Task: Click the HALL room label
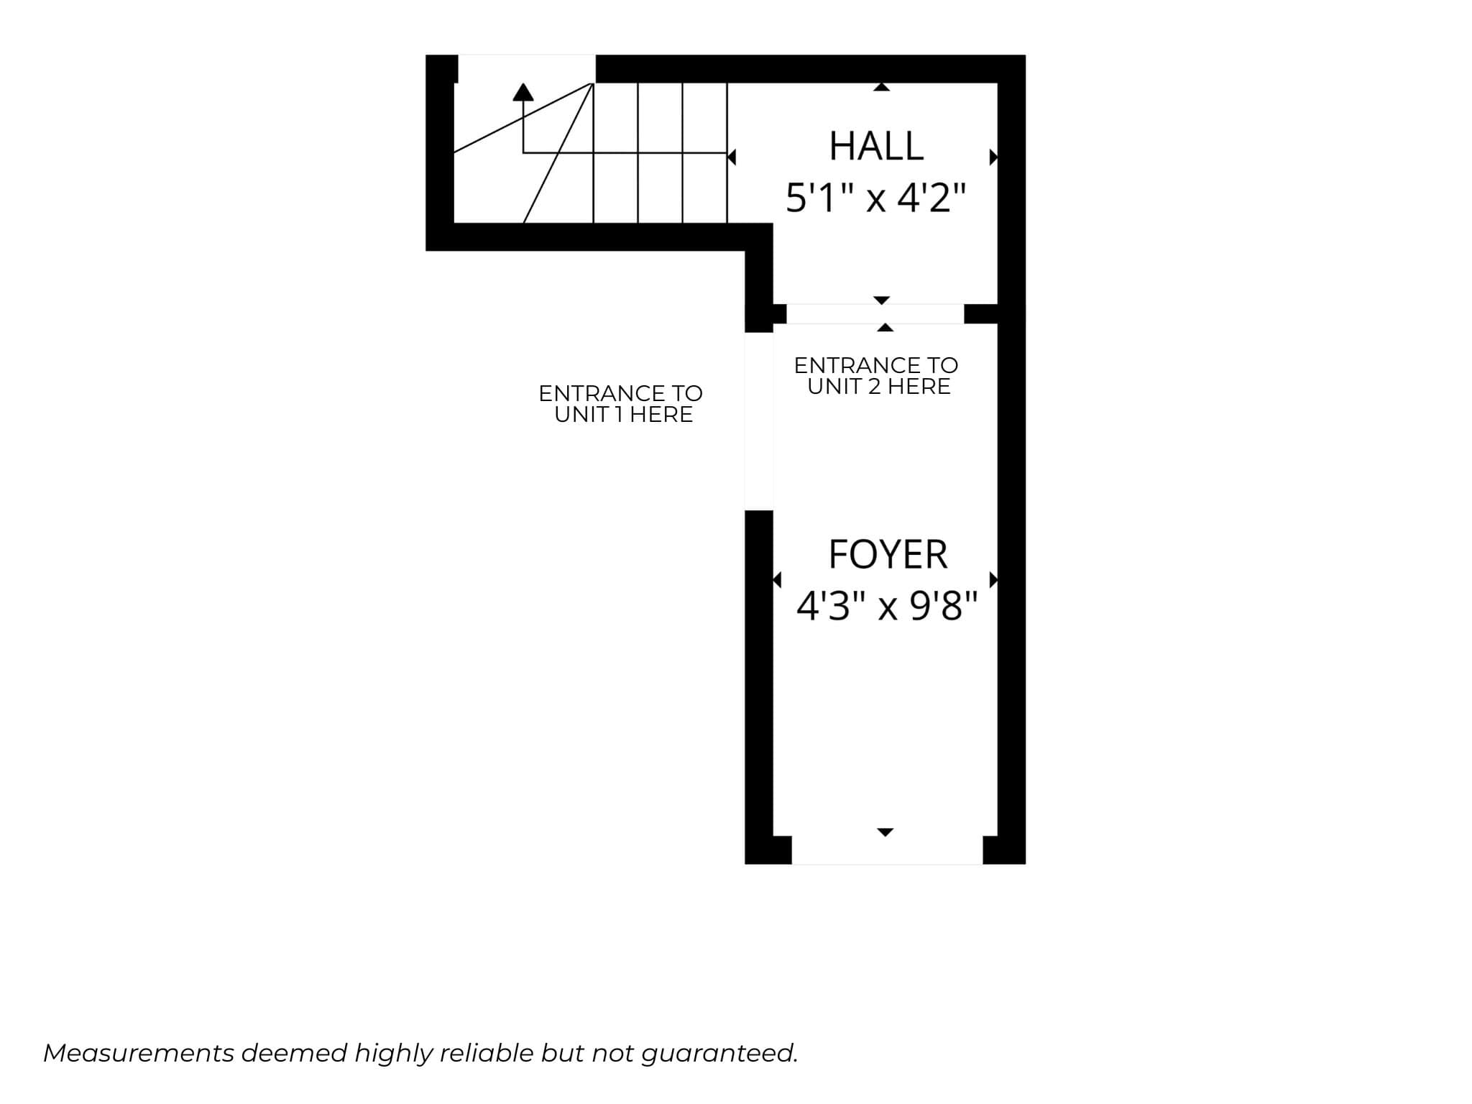[x=876, y=146]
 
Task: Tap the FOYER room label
[x=888, y=554]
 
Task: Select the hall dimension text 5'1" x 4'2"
[x=875, y=198]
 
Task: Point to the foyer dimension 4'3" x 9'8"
[x=887, y=606]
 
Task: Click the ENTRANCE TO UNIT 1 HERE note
[x=621, y=404]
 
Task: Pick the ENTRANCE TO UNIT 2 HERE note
[x=877, y=376]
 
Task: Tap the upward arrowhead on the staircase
[x=523, y=92]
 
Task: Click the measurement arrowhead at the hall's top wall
[x=882, y=87]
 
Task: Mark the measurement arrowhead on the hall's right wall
[x=994, y=157]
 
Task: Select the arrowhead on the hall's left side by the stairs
[x=732, y=157]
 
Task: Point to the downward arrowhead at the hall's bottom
[x=882, y=300]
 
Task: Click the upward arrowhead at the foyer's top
[x=885, y=328]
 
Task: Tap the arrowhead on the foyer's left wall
[x=777, y=579]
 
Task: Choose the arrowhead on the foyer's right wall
[x=994, y=579]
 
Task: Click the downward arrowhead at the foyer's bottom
[x=885, y=832]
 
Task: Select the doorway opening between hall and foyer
[x=875, y=314]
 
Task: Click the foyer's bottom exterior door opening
[x=887, y=850]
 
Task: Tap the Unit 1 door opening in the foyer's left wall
[x=759, y=421]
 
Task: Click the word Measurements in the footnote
[x=139, y=1053]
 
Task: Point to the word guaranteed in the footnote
[x=719, y=1054]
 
